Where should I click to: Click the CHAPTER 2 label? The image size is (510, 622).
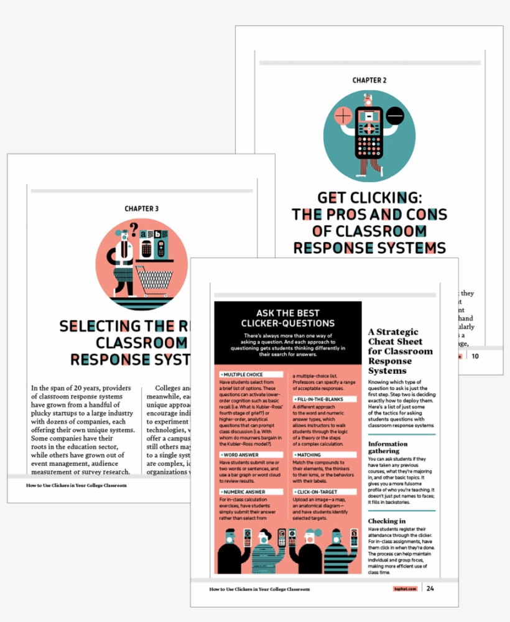point(369,80)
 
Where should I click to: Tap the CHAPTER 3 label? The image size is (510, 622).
point(141,209)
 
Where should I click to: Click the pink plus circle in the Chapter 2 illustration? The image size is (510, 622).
point(343,116)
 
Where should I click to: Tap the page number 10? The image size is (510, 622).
point(475,356)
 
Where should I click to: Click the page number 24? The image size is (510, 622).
point(430,588)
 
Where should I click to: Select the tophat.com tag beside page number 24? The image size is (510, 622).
point(404,589)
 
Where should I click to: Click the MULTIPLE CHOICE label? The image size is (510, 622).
point(243,375)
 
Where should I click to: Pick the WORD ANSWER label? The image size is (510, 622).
point(241,455)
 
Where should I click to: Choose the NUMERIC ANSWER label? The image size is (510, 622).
point(244,491)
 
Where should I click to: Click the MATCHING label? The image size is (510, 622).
point(310,455)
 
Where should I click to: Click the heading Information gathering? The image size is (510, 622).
point(388,448)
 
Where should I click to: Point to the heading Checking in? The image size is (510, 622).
point(387,521)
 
